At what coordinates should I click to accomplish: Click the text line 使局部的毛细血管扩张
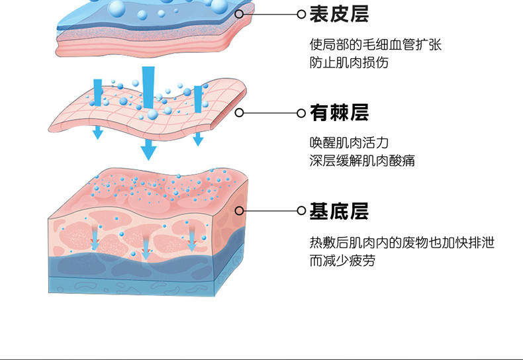point(375,45)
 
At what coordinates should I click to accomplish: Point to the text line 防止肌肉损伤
point(349,63)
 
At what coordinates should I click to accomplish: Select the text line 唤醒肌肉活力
point(349,143)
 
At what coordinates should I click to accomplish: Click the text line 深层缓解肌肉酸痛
point(362,161)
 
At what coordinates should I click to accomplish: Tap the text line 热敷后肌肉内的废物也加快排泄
point(402,243)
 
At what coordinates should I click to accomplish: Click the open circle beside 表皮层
point(301,13)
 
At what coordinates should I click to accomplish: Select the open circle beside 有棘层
point(301,112)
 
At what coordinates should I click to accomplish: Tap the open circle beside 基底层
point(301,211)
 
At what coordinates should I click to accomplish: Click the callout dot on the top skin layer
point(240,13)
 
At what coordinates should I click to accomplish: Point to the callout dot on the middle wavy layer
point(240,112)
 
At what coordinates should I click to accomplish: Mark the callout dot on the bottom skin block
point(240,211)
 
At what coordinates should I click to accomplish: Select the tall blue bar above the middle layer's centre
point(148,86)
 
